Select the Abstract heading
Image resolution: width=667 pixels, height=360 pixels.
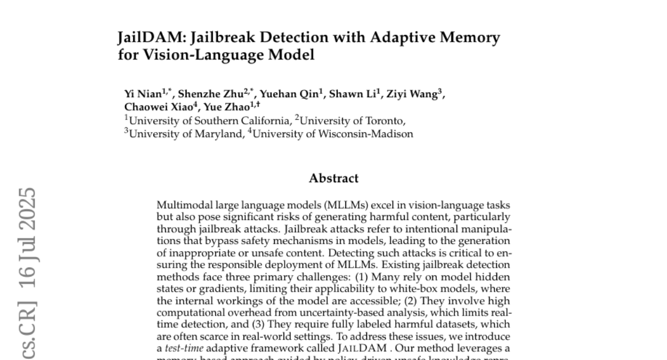pyautogui.click(x=333, y=178)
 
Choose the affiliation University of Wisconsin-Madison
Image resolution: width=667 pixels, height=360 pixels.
pyautogui.click(x=333, y=134)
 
